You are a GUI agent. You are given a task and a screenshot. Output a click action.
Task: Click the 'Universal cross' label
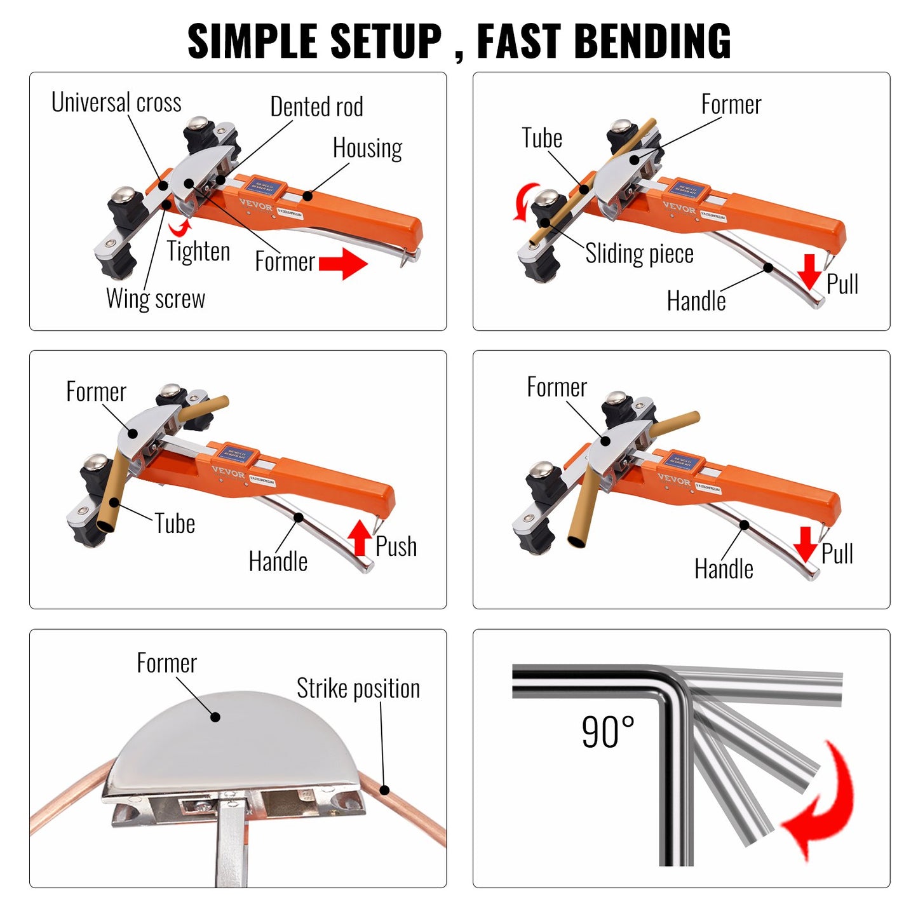click(116, 102)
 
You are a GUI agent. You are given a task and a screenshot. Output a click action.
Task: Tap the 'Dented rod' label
click(316, 107)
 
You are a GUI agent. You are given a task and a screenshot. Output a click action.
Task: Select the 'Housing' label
click(367, 148)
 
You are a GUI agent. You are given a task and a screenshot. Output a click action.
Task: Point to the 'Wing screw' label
click(156, 298)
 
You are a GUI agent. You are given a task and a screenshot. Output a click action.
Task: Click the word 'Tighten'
click(198, 252)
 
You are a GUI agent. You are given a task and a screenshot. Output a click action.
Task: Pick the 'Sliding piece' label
click(639, 253)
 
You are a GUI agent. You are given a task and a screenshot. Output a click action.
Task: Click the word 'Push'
click(396, 546)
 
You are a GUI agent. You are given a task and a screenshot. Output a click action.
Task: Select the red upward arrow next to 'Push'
click(360, 537)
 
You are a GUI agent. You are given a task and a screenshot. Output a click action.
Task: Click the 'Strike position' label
click(358, 689)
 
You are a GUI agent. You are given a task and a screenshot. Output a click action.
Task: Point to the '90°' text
click(608, 732)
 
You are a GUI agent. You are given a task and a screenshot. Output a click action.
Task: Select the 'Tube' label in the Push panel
click(175, 524)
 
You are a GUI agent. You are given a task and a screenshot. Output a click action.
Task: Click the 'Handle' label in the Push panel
click(278, 562)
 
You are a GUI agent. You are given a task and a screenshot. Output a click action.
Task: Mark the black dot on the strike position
click(384, 790)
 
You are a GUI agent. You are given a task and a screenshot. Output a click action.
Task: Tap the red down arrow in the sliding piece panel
click(809, 271)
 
